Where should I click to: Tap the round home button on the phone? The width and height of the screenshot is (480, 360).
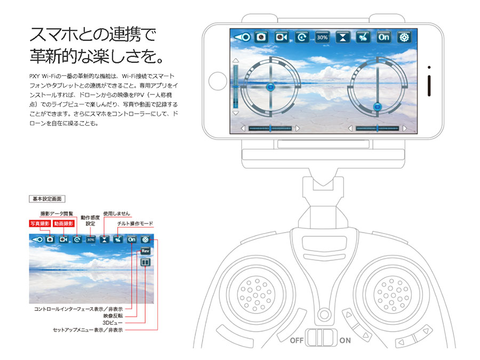pyautogui.click(x=218, y=81)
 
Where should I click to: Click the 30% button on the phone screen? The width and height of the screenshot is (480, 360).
pyautogui.click(x=322, y=37)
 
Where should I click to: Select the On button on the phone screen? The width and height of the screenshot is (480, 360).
pyautogui.click(x=383, y=37)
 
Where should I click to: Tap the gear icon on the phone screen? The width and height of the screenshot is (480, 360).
pyautogui.click(x=404, y=37)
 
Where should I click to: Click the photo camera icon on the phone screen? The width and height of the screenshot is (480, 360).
pyautogui.click(x=261, y=37)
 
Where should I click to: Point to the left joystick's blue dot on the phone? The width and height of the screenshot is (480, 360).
pyautogui.click(x=270, y=87)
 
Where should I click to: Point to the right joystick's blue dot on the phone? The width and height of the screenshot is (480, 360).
pyautogui.click(x=378, y=107)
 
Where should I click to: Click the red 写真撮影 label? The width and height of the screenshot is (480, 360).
pyautogui.click(x=40, y=223)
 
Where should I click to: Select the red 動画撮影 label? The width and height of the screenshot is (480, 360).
pyautogui.click(x=63, y=223)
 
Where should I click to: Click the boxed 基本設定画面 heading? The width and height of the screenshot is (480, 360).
pyautogui.click(x=47, y=199)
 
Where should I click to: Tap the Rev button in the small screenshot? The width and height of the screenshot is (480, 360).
pyautogui.click(x=146, y=251)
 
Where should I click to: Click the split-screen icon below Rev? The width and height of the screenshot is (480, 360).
pyautogui.click(x=146, y=262)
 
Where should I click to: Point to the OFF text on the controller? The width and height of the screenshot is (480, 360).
pyautogui.click(x=297, y=340)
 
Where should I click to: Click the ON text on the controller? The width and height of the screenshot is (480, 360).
pyautogui.click(x=345, y=340)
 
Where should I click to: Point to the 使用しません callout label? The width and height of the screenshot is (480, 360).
pyautogui.click(x=117, y=213)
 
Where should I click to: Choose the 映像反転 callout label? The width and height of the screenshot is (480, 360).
pyautogui.click(x=113, y=316)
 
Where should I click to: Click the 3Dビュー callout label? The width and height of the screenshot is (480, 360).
pyautogui.click(x=113, y=323)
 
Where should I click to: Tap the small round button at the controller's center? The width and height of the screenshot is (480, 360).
pyautogui.click(x=324, y=314)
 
